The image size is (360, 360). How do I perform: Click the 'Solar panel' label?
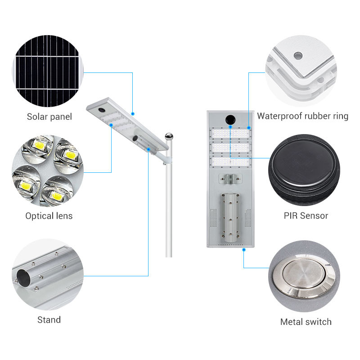point(49,117)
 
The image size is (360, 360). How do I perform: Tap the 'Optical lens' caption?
point(49,216)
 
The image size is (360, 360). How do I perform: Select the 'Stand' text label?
point(49,319)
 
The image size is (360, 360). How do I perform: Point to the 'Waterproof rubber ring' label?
point(302,116)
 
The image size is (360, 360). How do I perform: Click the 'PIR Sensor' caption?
point(306,216)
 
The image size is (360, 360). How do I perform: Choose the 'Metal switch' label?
point(306,322)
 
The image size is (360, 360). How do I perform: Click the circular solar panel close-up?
point(48,71)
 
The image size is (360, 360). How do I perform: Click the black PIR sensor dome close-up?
point(304,170)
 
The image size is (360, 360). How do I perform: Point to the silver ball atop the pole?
point(169,136)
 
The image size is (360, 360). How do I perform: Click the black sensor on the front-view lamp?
point(230,119)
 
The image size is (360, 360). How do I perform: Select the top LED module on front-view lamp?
point(230,133)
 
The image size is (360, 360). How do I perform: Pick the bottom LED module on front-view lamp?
point(230,162)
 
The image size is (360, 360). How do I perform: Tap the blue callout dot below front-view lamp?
point(244,250)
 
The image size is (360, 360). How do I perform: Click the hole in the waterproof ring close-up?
point(298,55)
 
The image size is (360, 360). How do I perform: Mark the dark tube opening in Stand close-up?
point(23,278)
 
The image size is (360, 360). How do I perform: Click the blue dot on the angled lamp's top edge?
point(133,114)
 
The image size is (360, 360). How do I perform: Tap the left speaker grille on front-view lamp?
point(213,218)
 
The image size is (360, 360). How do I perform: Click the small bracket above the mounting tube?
point(230,179)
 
